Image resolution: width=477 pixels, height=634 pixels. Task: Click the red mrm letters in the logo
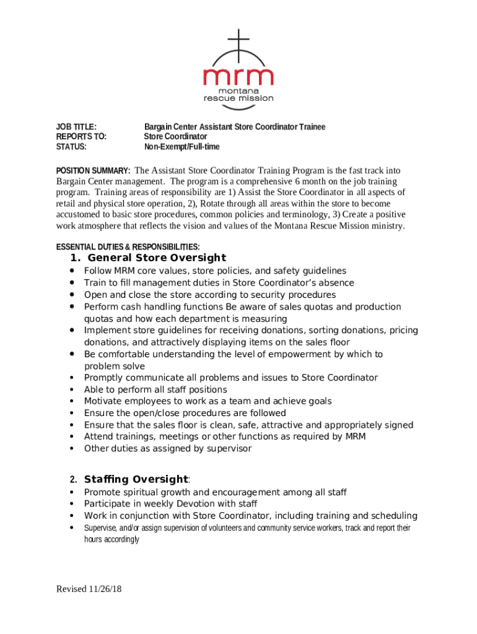pyautogui.click(x=239, y=76)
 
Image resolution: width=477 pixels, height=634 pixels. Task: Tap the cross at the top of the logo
pyautogui.click(x=239, y=40)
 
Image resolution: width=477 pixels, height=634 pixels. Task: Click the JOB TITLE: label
pyautogui.click(x=76, y=127)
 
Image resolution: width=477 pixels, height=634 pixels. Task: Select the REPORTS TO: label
pyautogui.click(x=81, y=137)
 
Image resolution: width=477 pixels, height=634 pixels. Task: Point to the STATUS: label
pyautogui.click(x=71, y=147)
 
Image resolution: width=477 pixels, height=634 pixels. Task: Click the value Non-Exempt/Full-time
pyautogui.click(x=182, y=147)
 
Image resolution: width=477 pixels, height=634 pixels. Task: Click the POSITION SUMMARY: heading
pyautogui.click(x=93, y=171)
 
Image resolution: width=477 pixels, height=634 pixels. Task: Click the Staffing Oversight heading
pyautogui.click(x=136, y=479)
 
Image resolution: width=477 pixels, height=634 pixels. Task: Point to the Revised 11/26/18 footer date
pyautogui.click(x=89, y=589)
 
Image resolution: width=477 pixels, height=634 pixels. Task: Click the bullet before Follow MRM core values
pyautogui.click(x=73, y=271)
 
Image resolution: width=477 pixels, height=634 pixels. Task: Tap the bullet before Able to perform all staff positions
pyautogui.click(x=73, y=390)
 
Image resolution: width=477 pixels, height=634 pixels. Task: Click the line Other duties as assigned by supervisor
pyautogui.click(x=168, y=448)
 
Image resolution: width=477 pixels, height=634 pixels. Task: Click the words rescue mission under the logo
pyautogui.click(x=239, y=98)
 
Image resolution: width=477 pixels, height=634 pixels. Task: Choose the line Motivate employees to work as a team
pyautogui.click(x=208, y=401)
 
